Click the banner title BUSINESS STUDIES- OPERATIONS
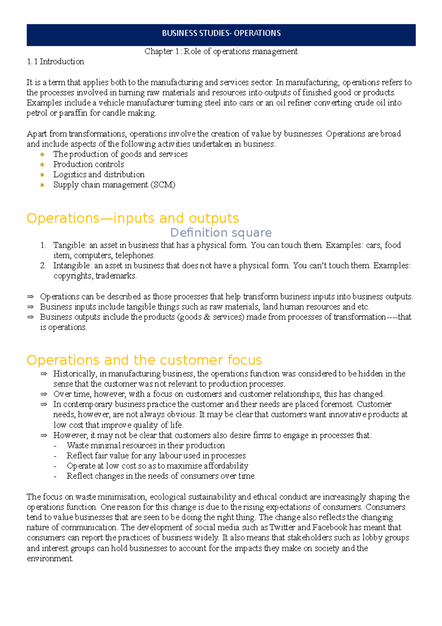pos(221,33)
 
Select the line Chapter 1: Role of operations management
pos(221,51)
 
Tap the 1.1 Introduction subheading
pos(55,62)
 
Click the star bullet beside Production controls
pos(42,164)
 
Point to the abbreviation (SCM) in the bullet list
pos(163,185)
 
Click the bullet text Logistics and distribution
pos(99,174)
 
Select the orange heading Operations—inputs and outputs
pos(133,218)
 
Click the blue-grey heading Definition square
pos(221,233)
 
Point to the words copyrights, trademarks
pos(95,276)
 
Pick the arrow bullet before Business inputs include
pos(30,307)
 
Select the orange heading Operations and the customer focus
pos(144,360)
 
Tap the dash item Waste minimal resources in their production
pos(145,445)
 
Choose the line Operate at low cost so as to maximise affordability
pos(157,466)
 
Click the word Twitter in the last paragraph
pos(283,528)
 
